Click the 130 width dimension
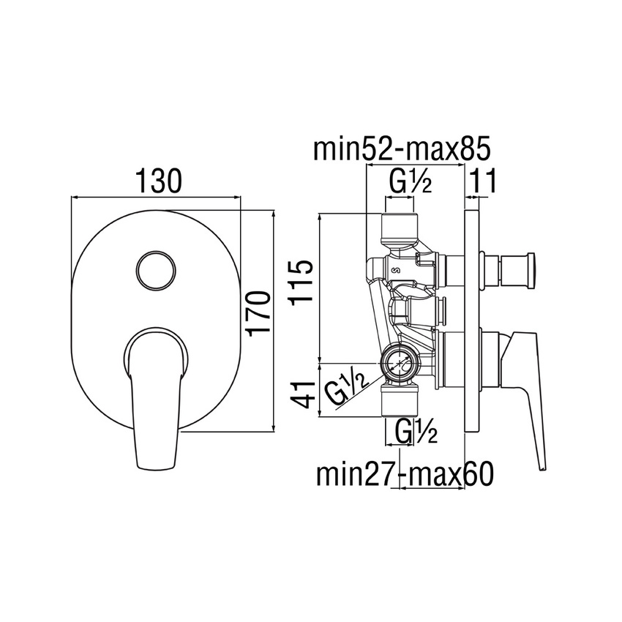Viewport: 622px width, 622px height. pyautogui.click(x=156, y=181)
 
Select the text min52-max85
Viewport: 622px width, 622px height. pyautogui.click(x=400, y=149)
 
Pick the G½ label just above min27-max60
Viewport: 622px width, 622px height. pyautogui.click(x=415, y=432)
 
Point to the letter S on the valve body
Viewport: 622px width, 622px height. pyautogui.click(x=397, y=271)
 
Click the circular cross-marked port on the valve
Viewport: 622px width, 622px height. pyautogui.click(x=399, y=360)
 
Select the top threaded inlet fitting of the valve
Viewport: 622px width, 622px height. pyautogui.click(x=400, y=228)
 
